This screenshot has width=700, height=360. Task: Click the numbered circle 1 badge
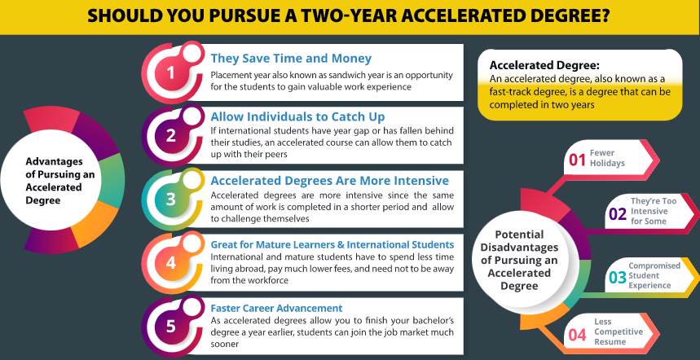pos(171,72)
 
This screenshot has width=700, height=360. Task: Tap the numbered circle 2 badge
pos(171,135)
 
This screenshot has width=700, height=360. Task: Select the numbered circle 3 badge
pos(171,199)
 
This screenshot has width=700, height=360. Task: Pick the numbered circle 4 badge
pos(171,263)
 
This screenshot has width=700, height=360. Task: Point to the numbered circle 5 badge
pos(171,327)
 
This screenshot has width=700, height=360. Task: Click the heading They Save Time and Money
pos(291,59)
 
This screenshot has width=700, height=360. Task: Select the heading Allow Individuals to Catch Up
pos(297,116)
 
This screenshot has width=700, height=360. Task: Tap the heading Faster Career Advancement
pos(277,308)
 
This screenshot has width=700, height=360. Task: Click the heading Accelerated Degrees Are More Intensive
pos(330,181)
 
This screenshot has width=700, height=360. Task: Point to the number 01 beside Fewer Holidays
pos(577,160)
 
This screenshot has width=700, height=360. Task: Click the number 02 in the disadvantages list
pos(619,214)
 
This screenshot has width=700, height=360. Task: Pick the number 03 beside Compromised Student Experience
pos(618,278)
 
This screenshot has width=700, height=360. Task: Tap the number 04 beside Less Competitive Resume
pos(577,335)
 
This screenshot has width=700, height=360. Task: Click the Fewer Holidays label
pos(607,158)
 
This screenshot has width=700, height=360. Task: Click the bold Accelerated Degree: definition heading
pos(544,65)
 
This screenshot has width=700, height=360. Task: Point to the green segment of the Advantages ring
pos(112,180)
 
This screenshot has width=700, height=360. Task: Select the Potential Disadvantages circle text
pos(519,260)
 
